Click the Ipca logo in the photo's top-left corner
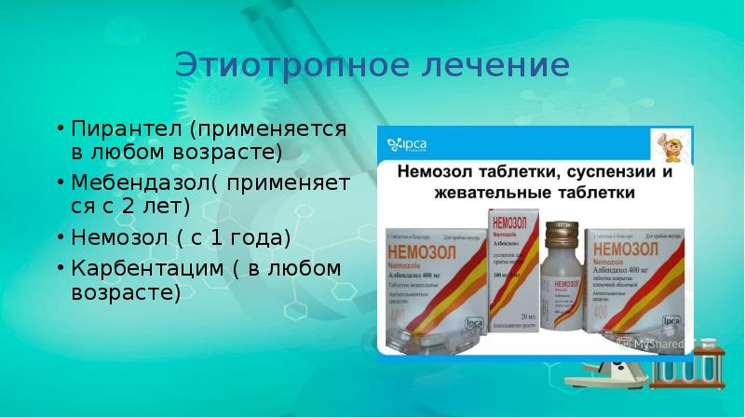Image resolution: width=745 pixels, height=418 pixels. [411, 144]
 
